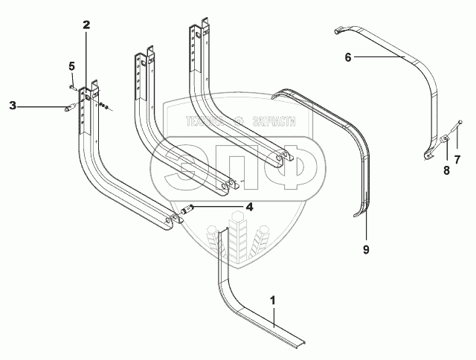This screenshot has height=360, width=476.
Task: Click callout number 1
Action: point(273,301)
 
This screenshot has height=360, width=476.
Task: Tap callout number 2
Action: point(86,25)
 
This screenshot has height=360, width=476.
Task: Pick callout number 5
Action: point(72,67)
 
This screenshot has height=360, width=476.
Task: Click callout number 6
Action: point(347,56)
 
